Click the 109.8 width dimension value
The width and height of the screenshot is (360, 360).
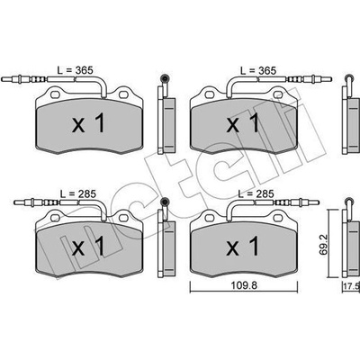click(x=244, y=286)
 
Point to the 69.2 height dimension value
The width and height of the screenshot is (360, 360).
click(x=323, y=246)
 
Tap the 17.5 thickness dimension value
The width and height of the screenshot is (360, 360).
click(x=352, y=286)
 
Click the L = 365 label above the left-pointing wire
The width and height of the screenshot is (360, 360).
click(x=76, y=70)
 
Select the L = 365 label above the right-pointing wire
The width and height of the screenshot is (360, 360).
click(x=258, y=70)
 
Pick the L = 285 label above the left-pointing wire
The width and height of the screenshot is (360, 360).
click(x=78, y=193)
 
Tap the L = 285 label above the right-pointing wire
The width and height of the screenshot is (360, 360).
click(x=256, y=193)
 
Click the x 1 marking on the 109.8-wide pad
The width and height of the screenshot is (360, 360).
click(x=242, y=246)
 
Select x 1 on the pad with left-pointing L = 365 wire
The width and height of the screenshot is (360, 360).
click(x=88, y=123)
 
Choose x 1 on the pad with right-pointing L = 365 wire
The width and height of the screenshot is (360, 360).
click(x=242, y=123)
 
